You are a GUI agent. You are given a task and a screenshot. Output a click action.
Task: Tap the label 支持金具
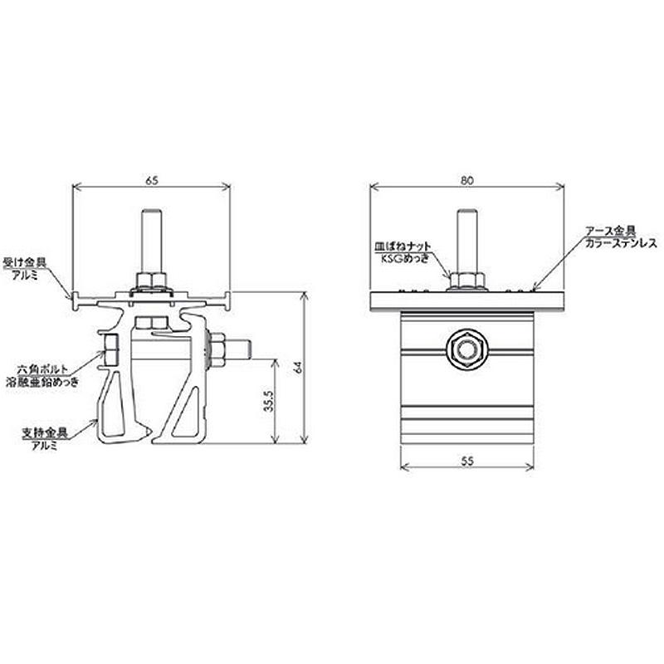(x=44, y=432)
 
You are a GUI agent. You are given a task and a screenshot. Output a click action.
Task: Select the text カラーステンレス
(x=619, y=244)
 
